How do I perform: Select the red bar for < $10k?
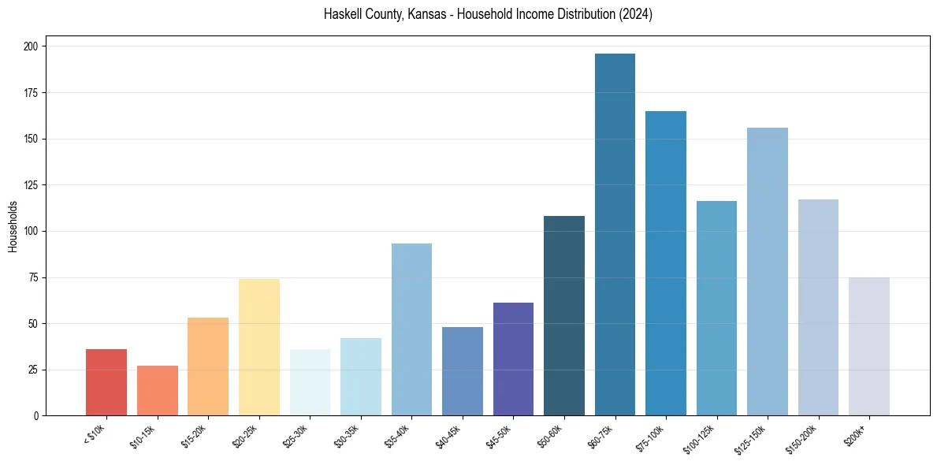106,382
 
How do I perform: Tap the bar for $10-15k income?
158,391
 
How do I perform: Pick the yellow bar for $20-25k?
259,347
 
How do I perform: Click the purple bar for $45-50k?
513,359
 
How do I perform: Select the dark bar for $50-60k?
564,315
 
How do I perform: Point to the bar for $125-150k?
768,272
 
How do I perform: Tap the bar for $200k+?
869,347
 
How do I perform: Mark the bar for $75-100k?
666,263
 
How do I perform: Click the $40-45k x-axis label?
450,435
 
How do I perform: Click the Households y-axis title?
13,226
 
